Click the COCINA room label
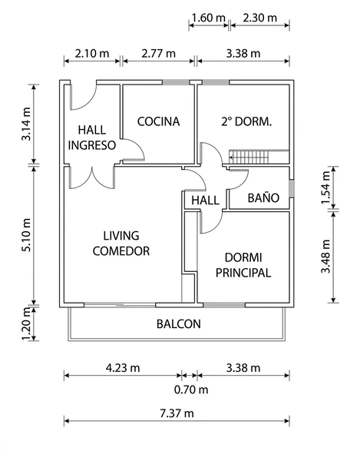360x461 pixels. (159, 121)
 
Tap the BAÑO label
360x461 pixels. (263, 198)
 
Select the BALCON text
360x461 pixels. (179, 324)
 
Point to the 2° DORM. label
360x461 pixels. (246, 121)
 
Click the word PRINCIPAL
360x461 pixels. (243, 273)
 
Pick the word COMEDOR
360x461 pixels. (121, 250)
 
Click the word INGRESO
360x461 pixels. (92, 145)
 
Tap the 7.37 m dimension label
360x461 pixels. (177, 413)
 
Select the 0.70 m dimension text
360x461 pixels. (191, 390)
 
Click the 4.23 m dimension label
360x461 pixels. (123, 368)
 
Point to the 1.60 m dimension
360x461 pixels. (208, 18)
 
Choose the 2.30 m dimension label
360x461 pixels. (260, 18)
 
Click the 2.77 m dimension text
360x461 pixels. (159, 54)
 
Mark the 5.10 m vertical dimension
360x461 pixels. (26, 235)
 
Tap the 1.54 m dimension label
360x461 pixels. (325, 187)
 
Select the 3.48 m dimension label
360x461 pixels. (325, 257)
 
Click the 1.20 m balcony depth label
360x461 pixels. (26, 323)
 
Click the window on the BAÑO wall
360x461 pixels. (291, 188)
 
